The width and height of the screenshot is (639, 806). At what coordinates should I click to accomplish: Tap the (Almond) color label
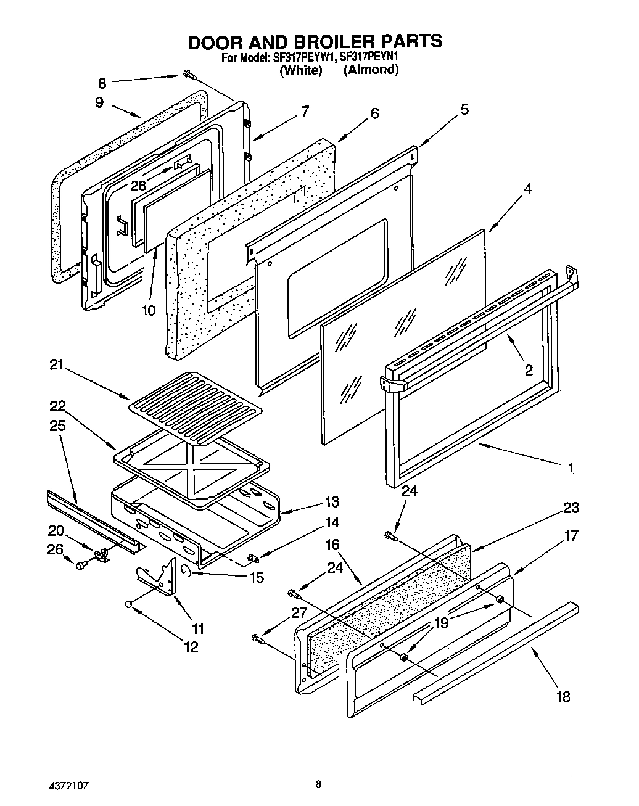point(371,70)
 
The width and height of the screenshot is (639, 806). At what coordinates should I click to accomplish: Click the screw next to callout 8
point(188,76)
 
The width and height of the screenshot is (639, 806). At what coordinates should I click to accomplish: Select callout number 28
point(138,184)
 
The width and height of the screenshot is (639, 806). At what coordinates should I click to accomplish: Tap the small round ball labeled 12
point(128,605)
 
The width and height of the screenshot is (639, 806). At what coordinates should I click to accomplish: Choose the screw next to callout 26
point(81,564)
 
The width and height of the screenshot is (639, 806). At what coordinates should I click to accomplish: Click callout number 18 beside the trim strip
point(562,696)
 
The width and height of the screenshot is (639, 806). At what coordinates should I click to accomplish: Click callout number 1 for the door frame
point(571,468)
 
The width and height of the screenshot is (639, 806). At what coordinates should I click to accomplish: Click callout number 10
point(149,310)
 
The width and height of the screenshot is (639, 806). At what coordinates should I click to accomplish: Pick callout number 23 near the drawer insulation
point(571,508)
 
